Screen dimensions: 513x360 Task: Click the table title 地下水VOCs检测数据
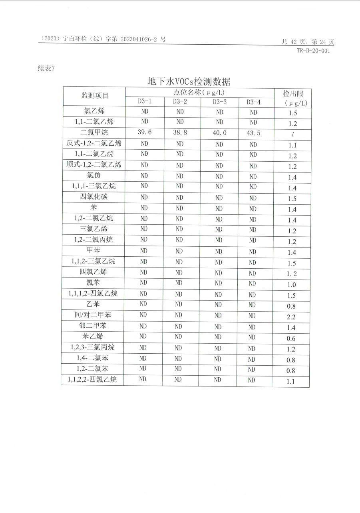189,81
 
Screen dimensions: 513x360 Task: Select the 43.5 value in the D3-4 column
253,133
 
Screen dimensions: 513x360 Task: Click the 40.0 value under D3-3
219,133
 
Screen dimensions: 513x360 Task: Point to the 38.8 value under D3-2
180,133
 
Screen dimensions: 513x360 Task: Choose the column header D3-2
180,101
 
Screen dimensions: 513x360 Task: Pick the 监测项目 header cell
95,95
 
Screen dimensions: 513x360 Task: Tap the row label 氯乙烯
95,111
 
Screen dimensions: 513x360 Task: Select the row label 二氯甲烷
94,132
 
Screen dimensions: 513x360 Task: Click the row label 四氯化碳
94,197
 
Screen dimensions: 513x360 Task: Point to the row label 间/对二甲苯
93,315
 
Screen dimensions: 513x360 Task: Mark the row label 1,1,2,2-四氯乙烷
92,379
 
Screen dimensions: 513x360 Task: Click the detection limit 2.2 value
291,317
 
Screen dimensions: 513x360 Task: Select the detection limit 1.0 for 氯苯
292,285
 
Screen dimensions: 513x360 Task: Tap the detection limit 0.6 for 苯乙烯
291,339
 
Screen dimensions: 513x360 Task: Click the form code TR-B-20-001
313,51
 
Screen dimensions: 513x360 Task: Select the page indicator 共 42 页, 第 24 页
308,42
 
